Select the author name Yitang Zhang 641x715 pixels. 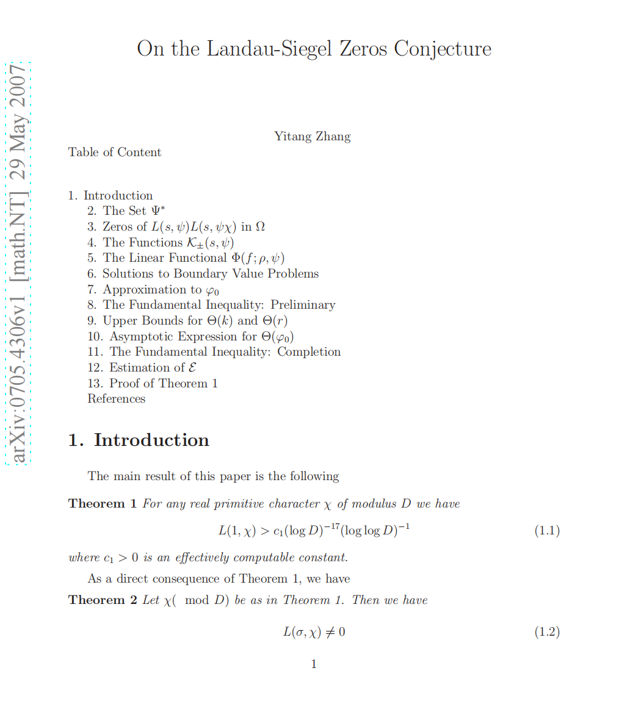pos(312,136)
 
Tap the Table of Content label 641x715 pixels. pos(115,152)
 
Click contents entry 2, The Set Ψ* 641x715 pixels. pos(126,211)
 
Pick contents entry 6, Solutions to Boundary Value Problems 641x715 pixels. pos(203,273)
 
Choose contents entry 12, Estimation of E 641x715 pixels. pos(142,367)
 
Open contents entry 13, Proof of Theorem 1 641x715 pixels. pos(153,383)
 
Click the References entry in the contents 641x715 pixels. pos(117,398)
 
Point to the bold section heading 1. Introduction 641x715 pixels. pos(139,440)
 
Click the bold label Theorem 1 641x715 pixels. pos(103,503)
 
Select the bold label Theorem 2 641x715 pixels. pos(103,600)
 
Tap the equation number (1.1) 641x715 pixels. pos(547,530)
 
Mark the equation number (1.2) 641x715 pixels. pos(547,631)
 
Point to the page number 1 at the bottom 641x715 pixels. pos(314,664)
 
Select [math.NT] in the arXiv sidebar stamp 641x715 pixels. pos(18,232)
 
